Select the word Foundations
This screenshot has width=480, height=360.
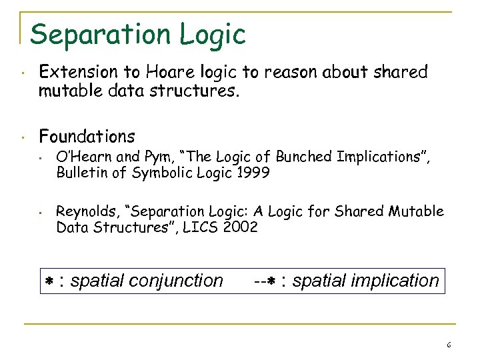coord(87,137)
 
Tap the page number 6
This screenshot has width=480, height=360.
coord(449,345)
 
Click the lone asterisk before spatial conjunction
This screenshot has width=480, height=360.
coord(49,281)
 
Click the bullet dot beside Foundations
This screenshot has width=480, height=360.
coord(23,137)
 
